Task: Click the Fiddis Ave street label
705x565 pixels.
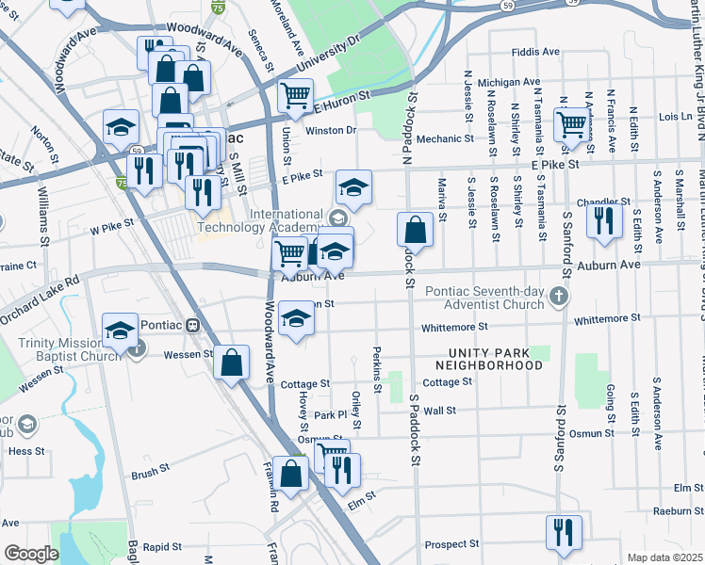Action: click(535, 52)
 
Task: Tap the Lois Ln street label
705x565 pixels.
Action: click(676, 117)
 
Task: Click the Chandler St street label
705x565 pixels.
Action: click(603, 202)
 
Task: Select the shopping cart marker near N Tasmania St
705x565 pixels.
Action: click(572, 123)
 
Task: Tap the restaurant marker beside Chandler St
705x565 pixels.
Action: click(603, 219)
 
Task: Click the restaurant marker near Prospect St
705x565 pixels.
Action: click(564, 532)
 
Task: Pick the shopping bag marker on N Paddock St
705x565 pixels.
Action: click(415, 229)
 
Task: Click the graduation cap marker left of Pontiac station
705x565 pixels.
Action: click(120, 331)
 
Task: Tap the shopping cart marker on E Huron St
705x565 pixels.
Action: click(296, 95)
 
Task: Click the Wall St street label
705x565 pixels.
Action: click(439, 411)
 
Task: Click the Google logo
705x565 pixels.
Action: click(31, 554)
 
